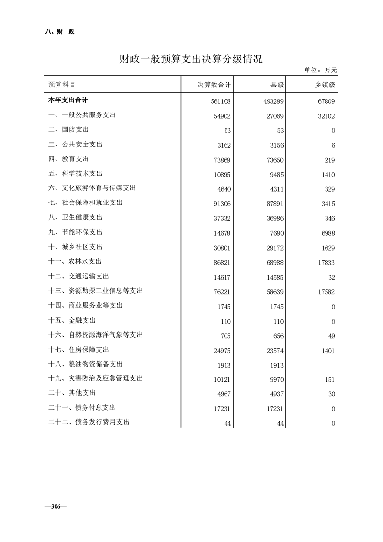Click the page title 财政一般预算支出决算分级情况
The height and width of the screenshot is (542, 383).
[191, 59]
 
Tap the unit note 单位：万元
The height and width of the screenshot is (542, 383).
[320, 71]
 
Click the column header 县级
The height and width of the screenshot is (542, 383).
[277, 85]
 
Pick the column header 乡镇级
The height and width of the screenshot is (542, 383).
[325, 85]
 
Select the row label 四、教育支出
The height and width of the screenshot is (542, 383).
[69, 159]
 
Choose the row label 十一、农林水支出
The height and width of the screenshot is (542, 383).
[75, 261]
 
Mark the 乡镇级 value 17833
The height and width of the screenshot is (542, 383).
[325, 263]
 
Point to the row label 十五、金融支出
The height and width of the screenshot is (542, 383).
[72, 320]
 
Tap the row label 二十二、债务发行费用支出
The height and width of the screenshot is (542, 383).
[89, 422]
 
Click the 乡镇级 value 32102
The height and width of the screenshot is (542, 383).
[325, 116]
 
